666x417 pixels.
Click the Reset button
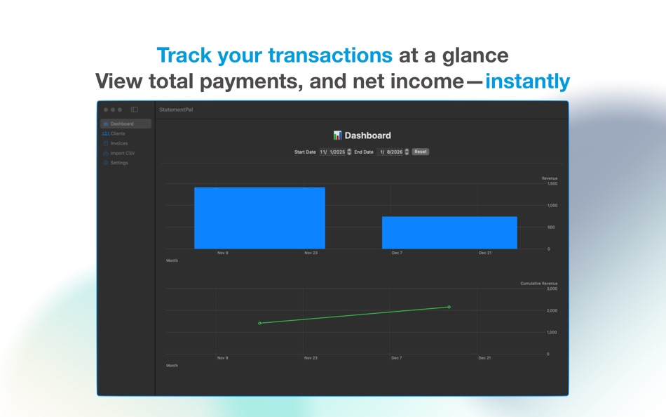coord(421,152)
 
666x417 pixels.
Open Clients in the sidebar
coord(118,133)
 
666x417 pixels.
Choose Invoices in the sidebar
coord(119,143)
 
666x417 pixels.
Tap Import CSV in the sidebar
coord(122,153)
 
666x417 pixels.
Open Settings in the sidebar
coord(119,163)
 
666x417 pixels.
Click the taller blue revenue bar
coord(259,218)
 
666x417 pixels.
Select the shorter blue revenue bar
coord(449,233)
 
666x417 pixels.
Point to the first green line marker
coord(259,323)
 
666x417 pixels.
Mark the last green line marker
coord(449,307)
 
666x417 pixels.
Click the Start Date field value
coord(332,152)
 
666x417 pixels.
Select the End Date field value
coord(390,152)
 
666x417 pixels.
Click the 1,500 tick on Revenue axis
coord(552,184)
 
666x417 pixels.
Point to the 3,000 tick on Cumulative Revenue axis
coord(552,289)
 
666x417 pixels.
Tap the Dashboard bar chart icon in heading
coord(337,135)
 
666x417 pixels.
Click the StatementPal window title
coord(176,110)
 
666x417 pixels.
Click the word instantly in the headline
coord(527,81)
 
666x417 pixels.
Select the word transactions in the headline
coord(330,55)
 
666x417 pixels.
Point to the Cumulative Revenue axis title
coord(539,284)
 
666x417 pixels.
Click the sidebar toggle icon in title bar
coord(134,110)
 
